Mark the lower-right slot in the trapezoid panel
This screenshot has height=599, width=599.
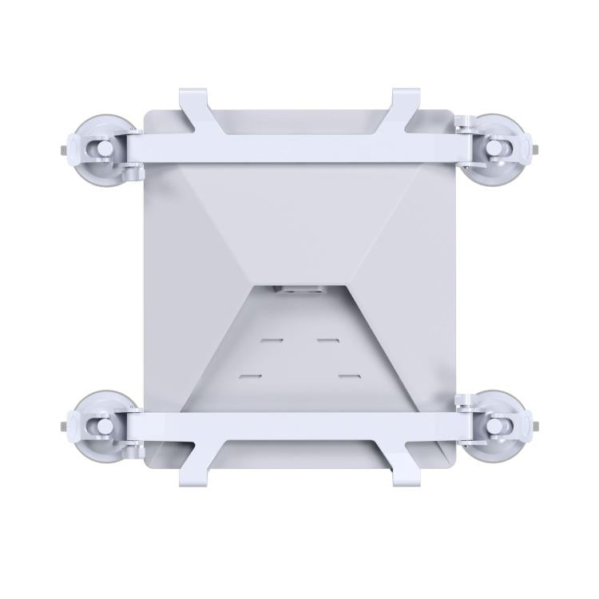pyautogui.click(x=349, y=375)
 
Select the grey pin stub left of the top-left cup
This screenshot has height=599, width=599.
pyautogui.click(x=62, y=149)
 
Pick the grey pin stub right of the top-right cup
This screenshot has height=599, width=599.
pyautogui.click(x=538, y=149)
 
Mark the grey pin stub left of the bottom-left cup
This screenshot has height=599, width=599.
pyautogui.click(x=62, y=426)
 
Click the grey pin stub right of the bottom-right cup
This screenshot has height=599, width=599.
pyautogui.click(x=538, y=426)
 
